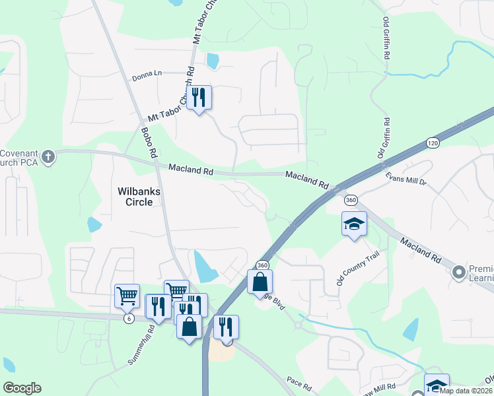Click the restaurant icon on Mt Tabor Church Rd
[199, 98]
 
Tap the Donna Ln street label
[146, 73]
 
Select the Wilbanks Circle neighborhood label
[139, 196]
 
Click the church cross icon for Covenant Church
[48, 156]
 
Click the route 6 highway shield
[128, 318]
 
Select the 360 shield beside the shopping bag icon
[262, 265]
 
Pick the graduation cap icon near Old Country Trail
[354, 223]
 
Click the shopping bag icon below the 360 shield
[260, 282]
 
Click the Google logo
[22, 388]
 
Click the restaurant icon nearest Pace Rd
[226, 327]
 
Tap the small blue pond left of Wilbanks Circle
[94, 224]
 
